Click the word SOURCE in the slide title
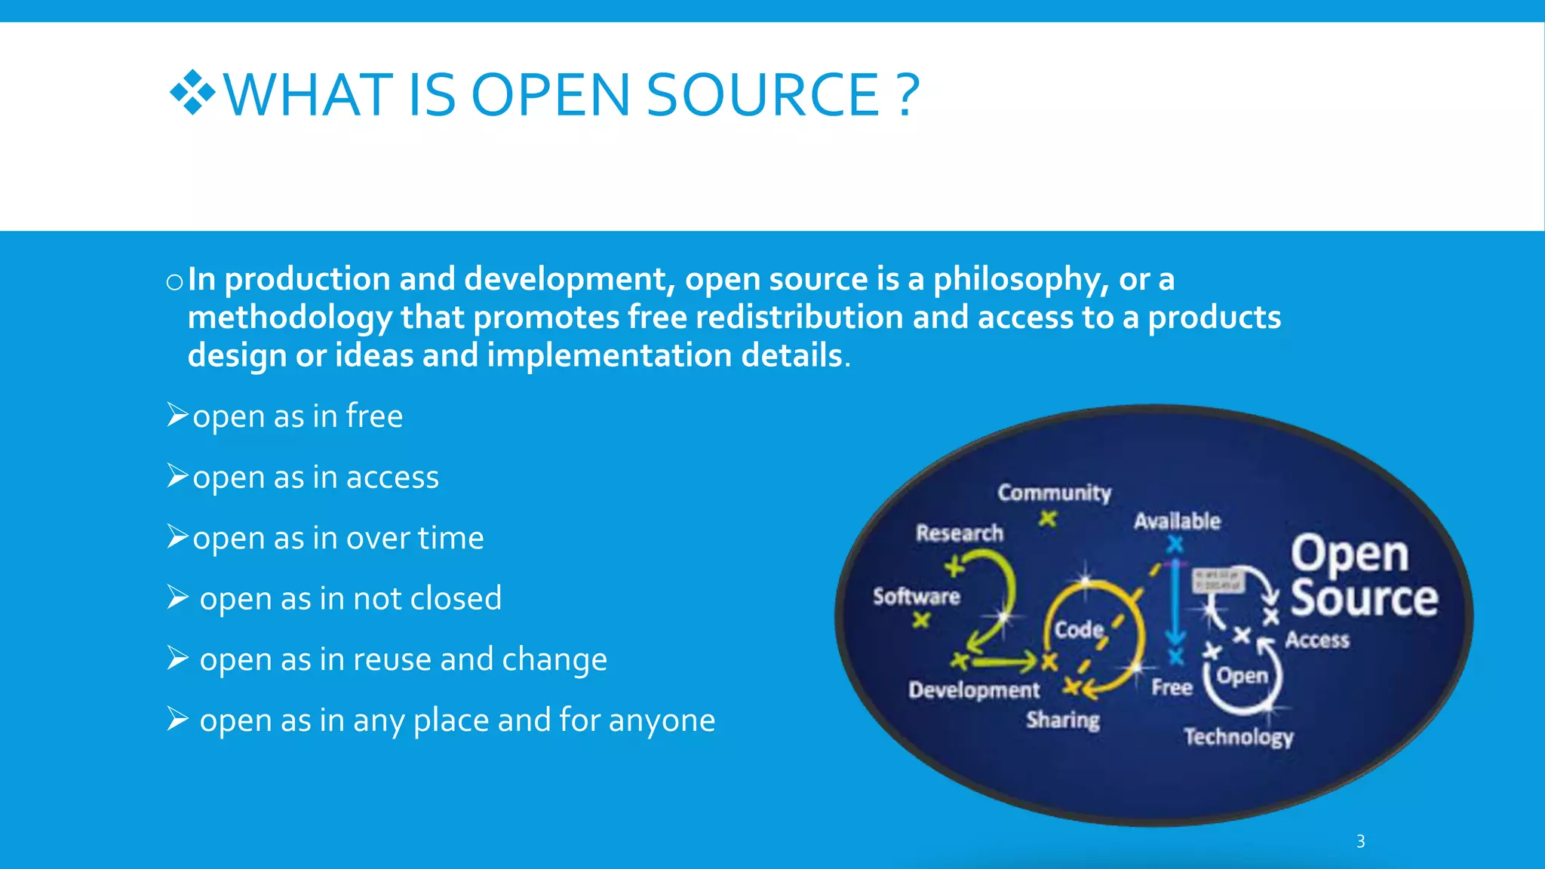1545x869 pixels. pos(762,95)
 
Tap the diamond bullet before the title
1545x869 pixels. pos(192,93)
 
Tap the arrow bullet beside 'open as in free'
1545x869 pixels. pos(177,415)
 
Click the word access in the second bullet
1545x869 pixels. pos(392,477)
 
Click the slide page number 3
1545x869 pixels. pos(1360,841)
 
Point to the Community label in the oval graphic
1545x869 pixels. pos(1054,493)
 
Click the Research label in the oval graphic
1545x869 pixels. pos(960,533)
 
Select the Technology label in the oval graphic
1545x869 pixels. pos(1238,736)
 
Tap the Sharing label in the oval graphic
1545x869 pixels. pos(1062,720)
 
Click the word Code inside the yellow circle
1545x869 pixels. pos(1079,629)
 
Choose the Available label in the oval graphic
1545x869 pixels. pos(1177,520)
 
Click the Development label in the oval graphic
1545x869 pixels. pos(974,689)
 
